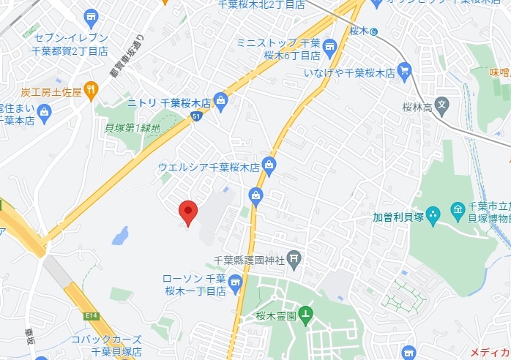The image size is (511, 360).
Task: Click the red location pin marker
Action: coord(188,211)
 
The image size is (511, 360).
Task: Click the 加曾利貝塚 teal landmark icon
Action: coord(433,215)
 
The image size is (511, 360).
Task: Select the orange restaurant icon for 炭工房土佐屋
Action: coord(91,91)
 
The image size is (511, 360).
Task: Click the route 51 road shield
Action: coord(195,116)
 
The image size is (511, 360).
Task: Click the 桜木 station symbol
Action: coord(374,31)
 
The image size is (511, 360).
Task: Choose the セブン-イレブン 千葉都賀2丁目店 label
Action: coord(71,44)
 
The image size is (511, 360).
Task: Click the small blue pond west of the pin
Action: coord(120,236)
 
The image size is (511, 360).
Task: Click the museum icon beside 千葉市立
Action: coord(458,211)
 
